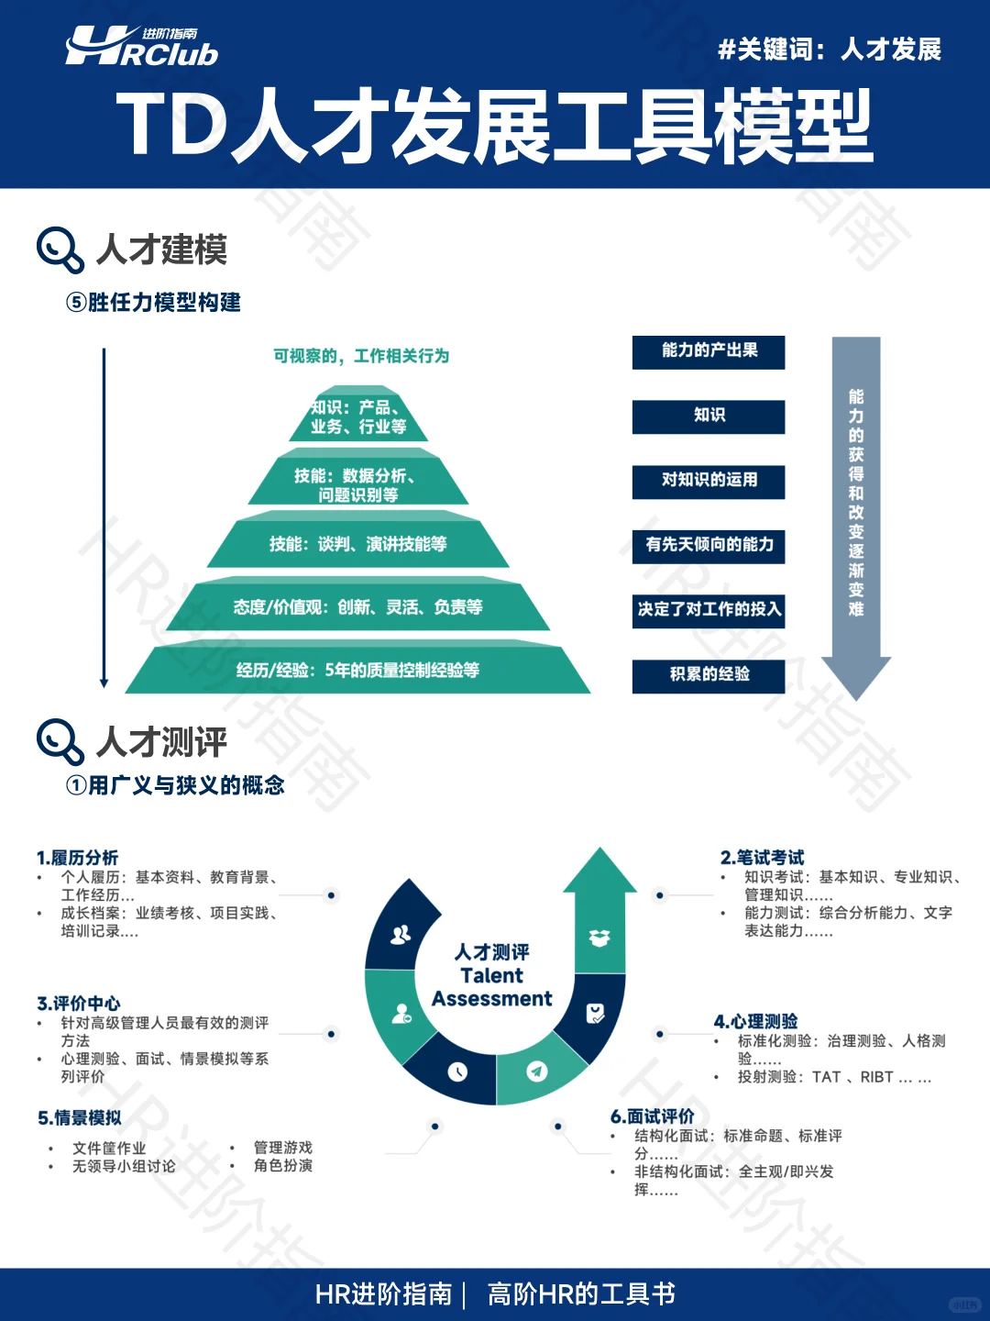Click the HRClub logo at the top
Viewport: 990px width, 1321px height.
click(142, 48)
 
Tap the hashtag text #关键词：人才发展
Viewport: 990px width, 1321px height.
click(830, 50)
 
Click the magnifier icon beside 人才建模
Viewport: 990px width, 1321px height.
click(60, 250)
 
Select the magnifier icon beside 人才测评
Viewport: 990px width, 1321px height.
click(60, 741)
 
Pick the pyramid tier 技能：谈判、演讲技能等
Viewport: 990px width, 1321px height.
click(358, 544)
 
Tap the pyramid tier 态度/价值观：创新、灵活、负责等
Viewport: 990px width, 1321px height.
click(358, 607)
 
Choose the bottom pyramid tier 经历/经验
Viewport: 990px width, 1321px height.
click(358, 671)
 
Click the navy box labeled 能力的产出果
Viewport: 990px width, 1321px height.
click(709, 351)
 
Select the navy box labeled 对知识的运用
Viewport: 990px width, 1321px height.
click(709, 481)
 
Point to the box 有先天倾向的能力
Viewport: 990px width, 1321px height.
click(709, 545)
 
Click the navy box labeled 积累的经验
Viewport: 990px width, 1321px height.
click(709, 675)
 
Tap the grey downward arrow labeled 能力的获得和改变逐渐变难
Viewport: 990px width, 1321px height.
click(856, 514)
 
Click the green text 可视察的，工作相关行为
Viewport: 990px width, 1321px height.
click(361, 356)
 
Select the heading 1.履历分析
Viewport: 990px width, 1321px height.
click(78, 858)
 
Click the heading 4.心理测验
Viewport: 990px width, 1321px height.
click(756, 1021)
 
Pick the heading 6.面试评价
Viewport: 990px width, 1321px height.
click(653, 1116)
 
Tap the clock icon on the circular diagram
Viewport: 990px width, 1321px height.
click(458, 1071)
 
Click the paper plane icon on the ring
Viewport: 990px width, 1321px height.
click(537, 1071)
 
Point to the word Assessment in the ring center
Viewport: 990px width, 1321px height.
click(492, 999)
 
